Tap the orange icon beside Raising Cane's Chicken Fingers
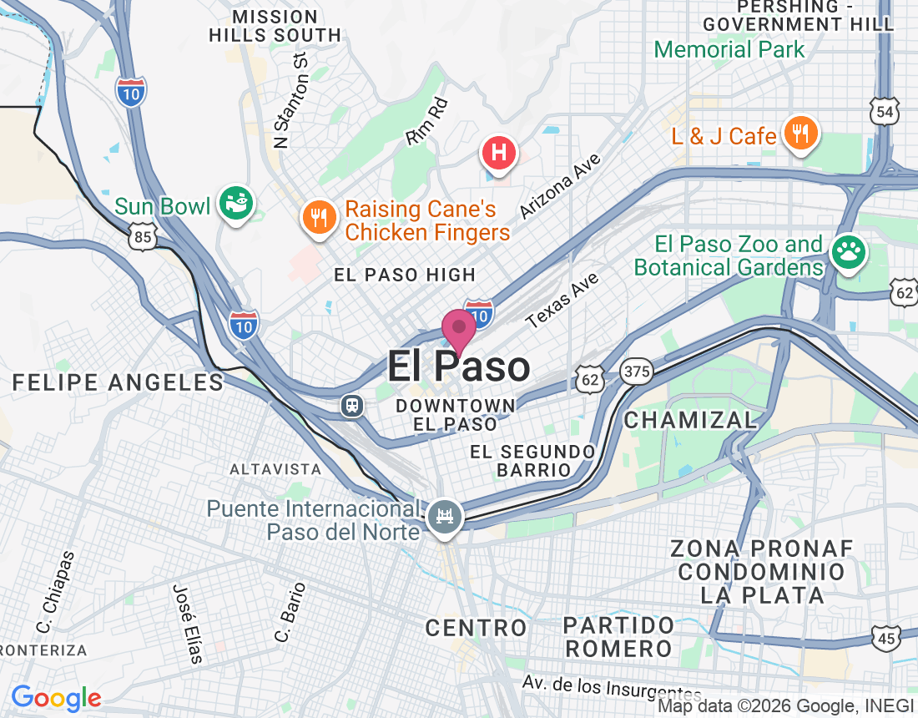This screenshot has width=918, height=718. tap(319, 219)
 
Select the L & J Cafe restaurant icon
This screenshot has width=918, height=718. tap(800, 134)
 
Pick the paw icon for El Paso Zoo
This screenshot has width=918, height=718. tap(849, 253)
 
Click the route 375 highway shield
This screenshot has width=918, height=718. tap(637, 372)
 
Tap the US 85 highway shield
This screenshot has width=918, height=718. tap(143, 239)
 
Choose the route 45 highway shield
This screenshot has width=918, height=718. tap(886, 638)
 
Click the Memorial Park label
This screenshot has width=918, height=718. tap(729, 49)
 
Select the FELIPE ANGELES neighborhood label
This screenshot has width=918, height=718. tap(118, 382)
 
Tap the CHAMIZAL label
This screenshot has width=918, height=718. tap(690, 419)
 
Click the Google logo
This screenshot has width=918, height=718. tap(56, 698)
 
